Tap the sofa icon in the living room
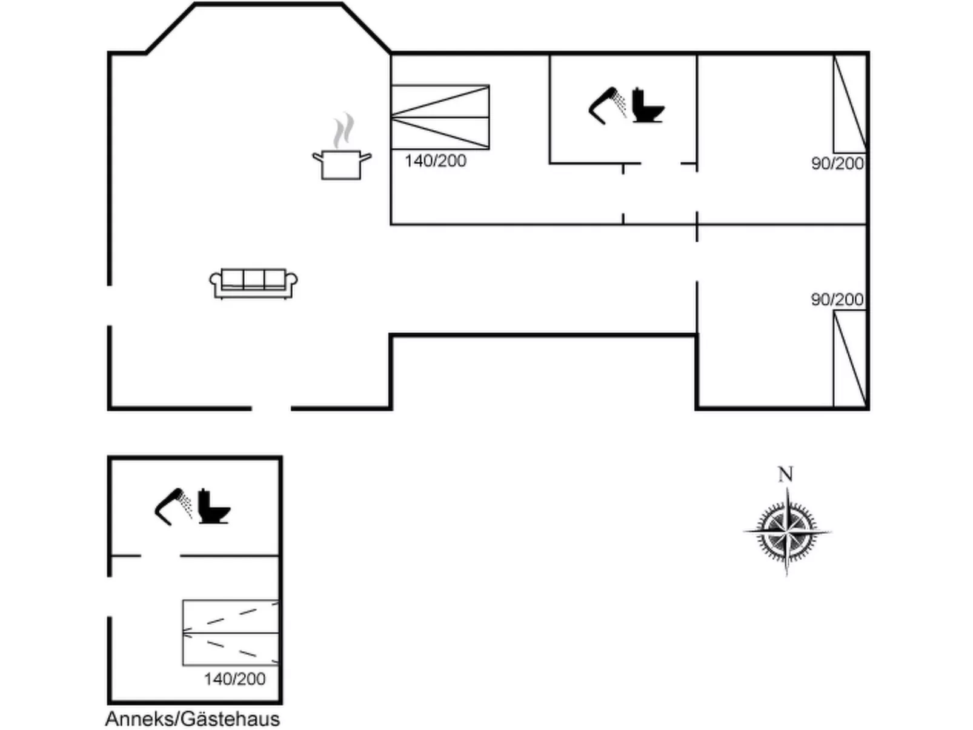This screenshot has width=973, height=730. point(253,284)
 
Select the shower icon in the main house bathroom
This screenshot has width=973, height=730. point(607,105)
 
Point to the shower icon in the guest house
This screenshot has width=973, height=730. point(173,506)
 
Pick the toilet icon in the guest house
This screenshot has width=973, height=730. point(214,506)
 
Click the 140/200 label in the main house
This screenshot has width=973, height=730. point(435,161)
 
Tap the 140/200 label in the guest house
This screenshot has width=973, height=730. point(234,679)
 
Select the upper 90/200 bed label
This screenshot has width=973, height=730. point(837,164)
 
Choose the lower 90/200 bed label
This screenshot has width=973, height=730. point(837,300)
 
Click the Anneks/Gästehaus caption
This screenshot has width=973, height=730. point(193,718)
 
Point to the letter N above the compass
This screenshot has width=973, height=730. point(786,475)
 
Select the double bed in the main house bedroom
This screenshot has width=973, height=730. point(440,117)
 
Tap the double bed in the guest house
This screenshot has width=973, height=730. point(230,632)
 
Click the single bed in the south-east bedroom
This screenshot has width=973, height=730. point(850,359)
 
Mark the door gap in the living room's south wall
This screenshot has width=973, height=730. point(271,408)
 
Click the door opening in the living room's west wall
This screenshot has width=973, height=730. point(110,305)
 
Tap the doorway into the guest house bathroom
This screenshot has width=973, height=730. point(160,556)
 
